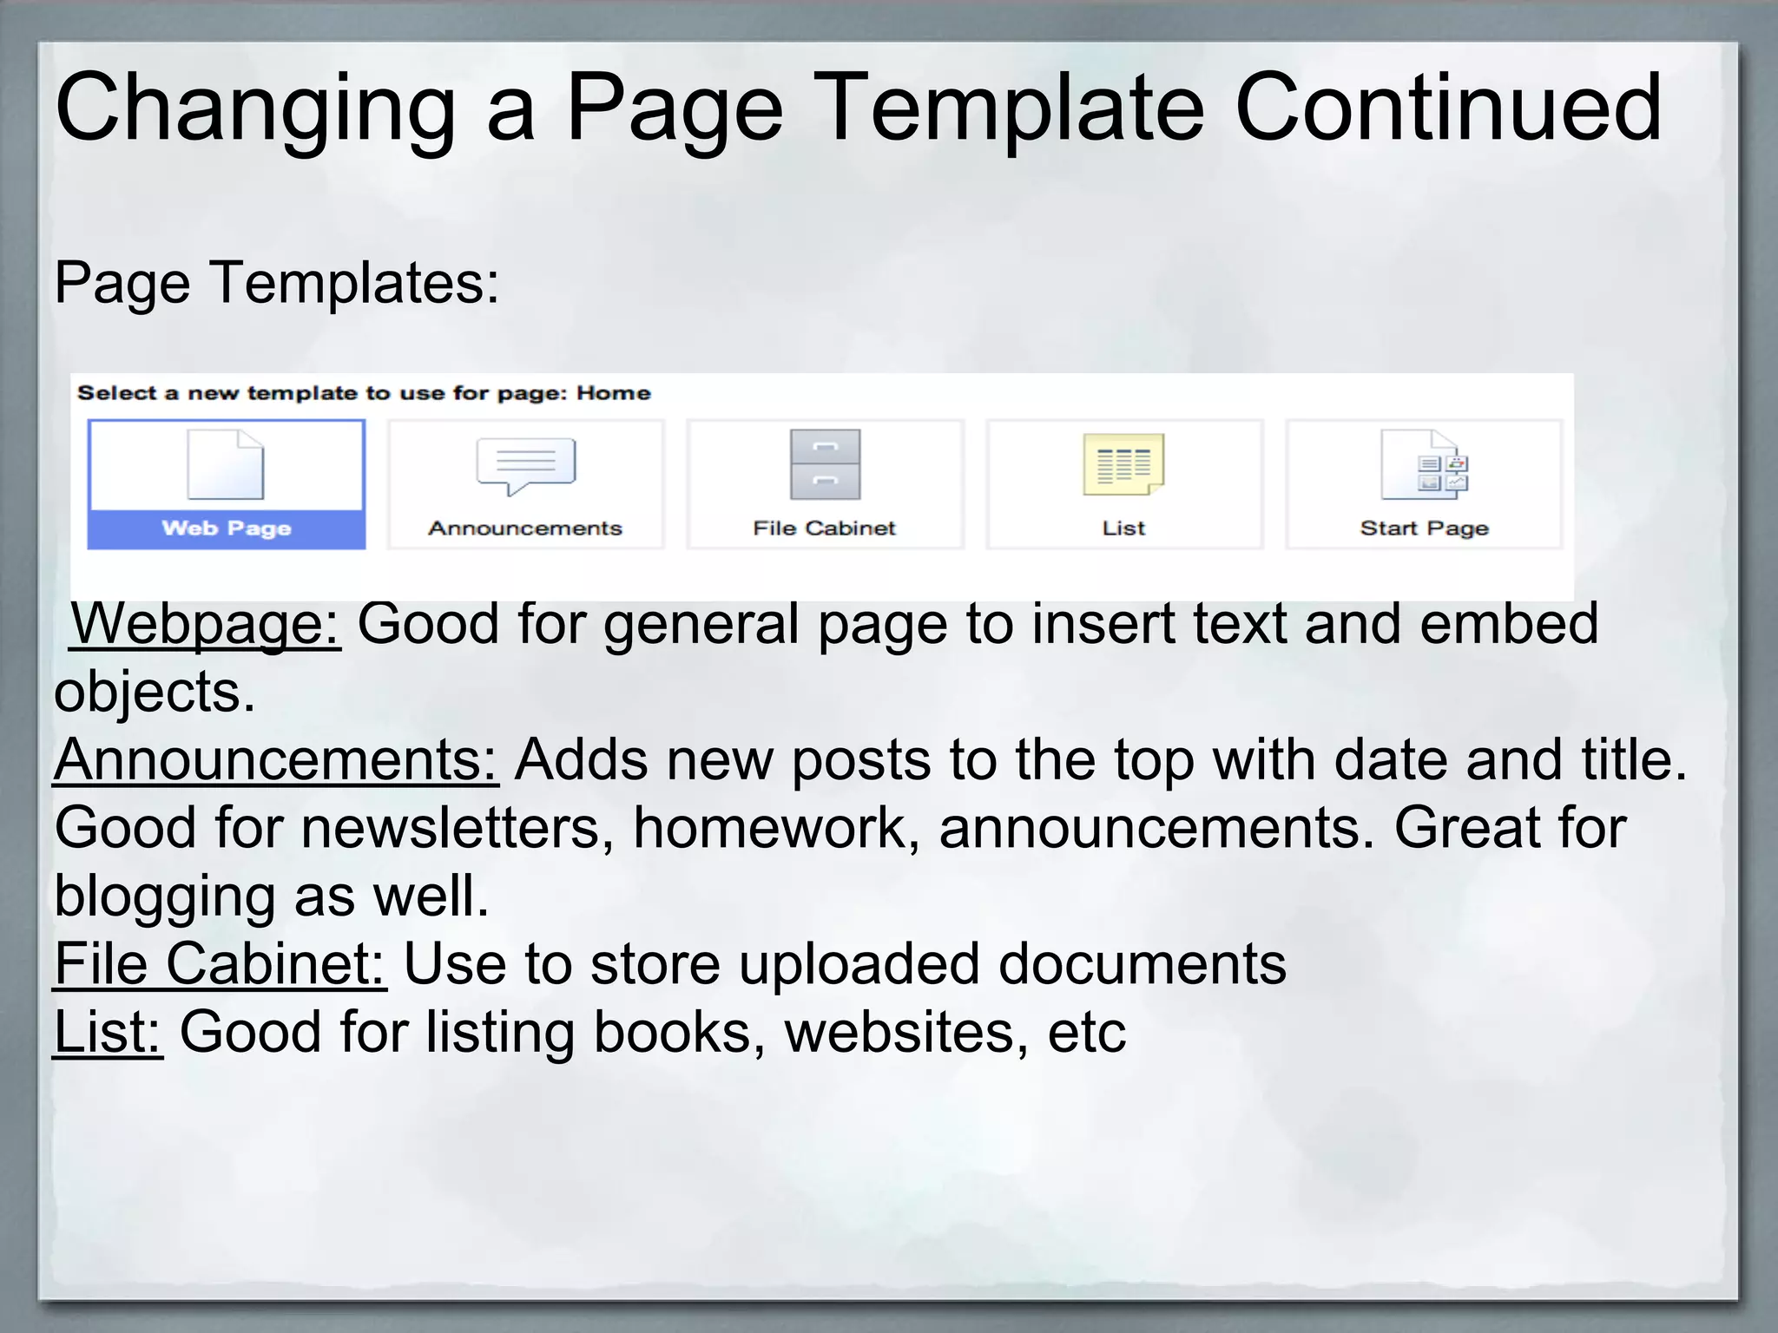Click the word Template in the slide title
pos(1011,108)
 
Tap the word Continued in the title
pos(1448,108)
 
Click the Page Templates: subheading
pos(277,282)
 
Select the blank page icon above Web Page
pos(226,464)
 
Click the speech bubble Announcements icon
pos(525,465)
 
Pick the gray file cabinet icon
pos(825,464)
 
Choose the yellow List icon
pos(1123,464)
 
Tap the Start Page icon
pos(1424,464)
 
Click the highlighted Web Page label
pos(227,529)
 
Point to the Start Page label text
pos(1424,529)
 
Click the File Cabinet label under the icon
pos(824,529)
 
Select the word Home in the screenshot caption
pos(614,393)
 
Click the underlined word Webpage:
pos(205,623)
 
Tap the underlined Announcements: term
pos(275,759)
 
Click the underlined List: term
pos(108,1032)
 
